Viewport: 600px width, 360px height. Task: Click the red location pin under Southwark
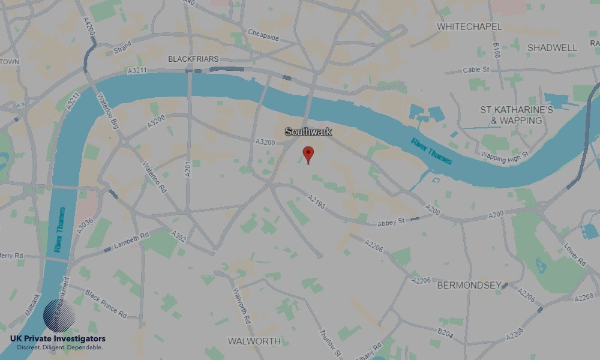[x=308, y=154]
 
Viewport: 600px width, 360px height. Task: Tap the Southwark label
[x=308, y=131]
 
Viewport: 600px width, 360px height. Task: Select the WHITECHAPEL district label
[x=469, y=27]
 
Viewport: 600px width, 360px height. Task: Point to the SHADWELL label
[x=552, y=47]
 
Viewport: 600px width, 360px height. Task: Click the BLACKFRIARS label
[x=193, y=59]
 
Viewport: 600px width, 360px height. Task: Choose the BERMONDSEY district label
[x=469, y=285]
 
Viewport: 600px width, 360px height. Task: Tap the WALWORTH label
[x=254, y=341]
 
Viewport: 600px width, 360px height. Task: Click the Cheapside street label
[x=263, y=35]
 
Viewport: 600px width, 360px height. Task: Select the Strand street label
[x=122, y=47]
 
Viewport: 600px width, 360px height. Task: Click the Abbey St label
[x=392, y=223]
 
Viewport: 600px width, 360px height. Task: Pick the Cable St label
[x=476, y=70]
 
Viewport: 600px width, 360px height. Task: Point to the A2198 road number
[x=316, y=202]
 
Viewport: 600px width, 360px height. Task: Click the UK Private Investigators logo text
[x=58, y=340]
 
